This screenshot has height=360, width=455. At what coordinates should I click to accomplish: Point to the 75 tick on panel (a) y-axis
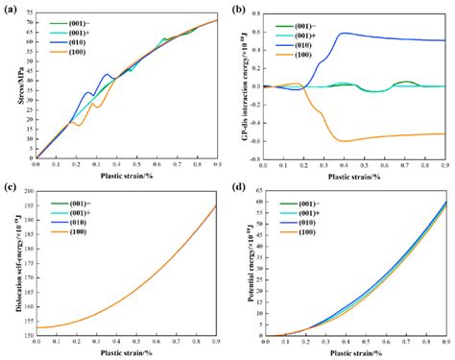[27, 12]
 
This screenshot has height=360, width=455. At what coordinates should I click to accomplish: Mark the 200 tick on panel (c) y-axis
[25, 192]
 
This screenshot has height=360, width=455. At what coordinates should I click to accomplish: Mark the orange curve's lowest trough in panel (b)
[339, 141]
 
